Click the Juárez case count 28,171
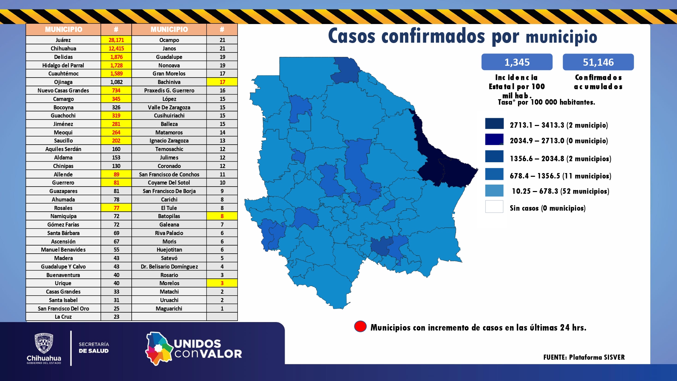[x=116, y=40]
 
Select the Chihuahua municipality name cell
[x=63, y=48]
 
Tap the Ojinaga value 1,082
[x=116, y=82]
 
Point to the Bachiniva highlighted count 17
[x=222, y=82]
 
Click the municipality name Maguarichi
[x=169, y=309]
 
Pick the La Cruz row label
[x=63, y=317]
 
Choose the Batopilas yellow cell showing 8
[x=222, y=216]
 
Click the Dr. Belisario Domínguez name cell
[x=169, y=267]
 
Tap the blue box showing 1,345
[x=517, y=62]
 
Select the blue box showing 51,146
[x=598, y=62]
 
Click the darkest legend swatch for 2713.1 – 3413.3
[x=494, y=124]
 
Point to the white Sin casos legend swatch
[x=494, y=207]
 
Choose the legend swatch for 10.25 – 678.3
[x=494, y=191]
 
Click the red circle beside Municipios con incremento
[x=360, y=326]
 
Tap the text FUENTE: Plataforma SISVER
[x=584, y=357]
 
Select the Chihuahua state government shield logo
[x=44, y=343]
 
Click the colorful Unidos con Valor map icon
[x=158, y=349]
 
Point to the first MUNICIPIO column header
[x=63, y=29]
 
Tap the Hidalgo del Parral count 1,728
[x=116, y=65]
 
